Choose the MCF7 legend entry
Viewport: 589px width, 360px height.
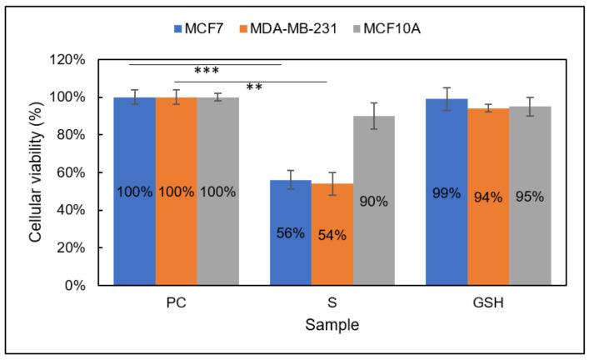pos(195,28)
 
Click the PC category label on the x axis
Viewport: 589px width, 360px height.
pos(176,303)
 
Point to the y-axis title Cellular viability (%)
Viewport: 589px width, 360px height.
pos(37,172)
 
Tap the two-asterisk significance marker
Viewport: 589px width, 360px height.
pos(254,87)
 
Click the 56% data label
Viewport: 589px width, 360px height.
pos(291,233)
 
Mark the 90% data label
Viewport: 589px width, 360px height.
pos(373,201)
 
